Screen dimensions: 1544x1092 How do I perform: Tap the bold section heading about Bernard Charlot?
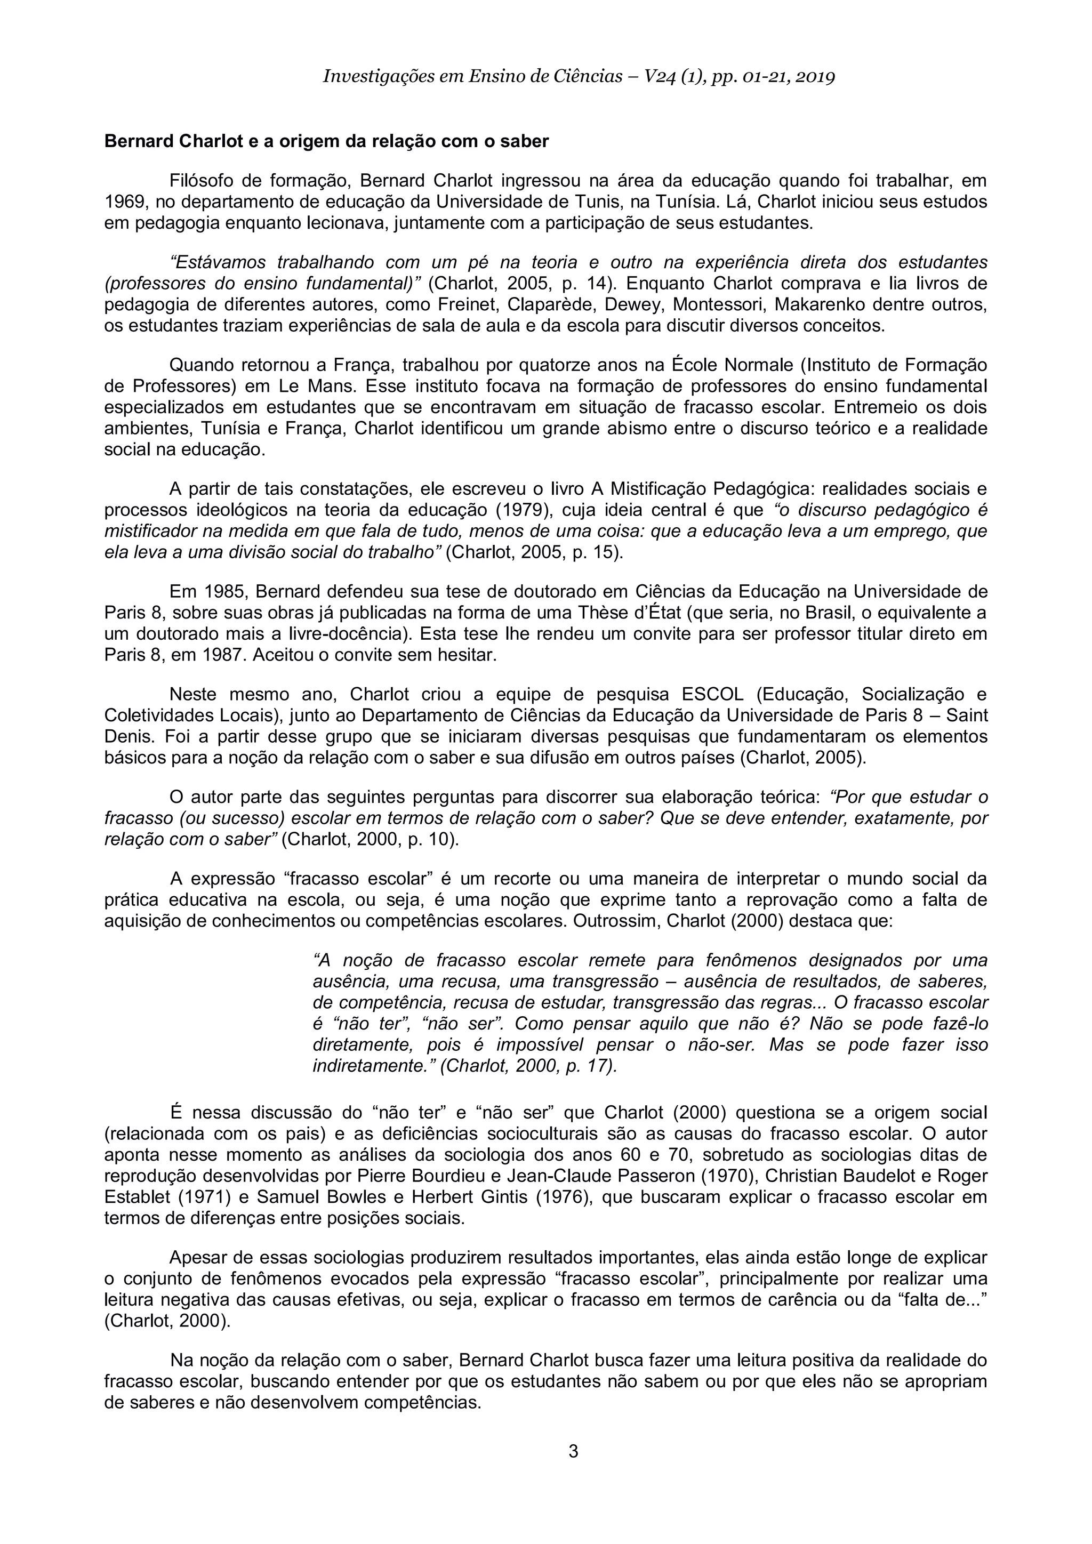point(326,141)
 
